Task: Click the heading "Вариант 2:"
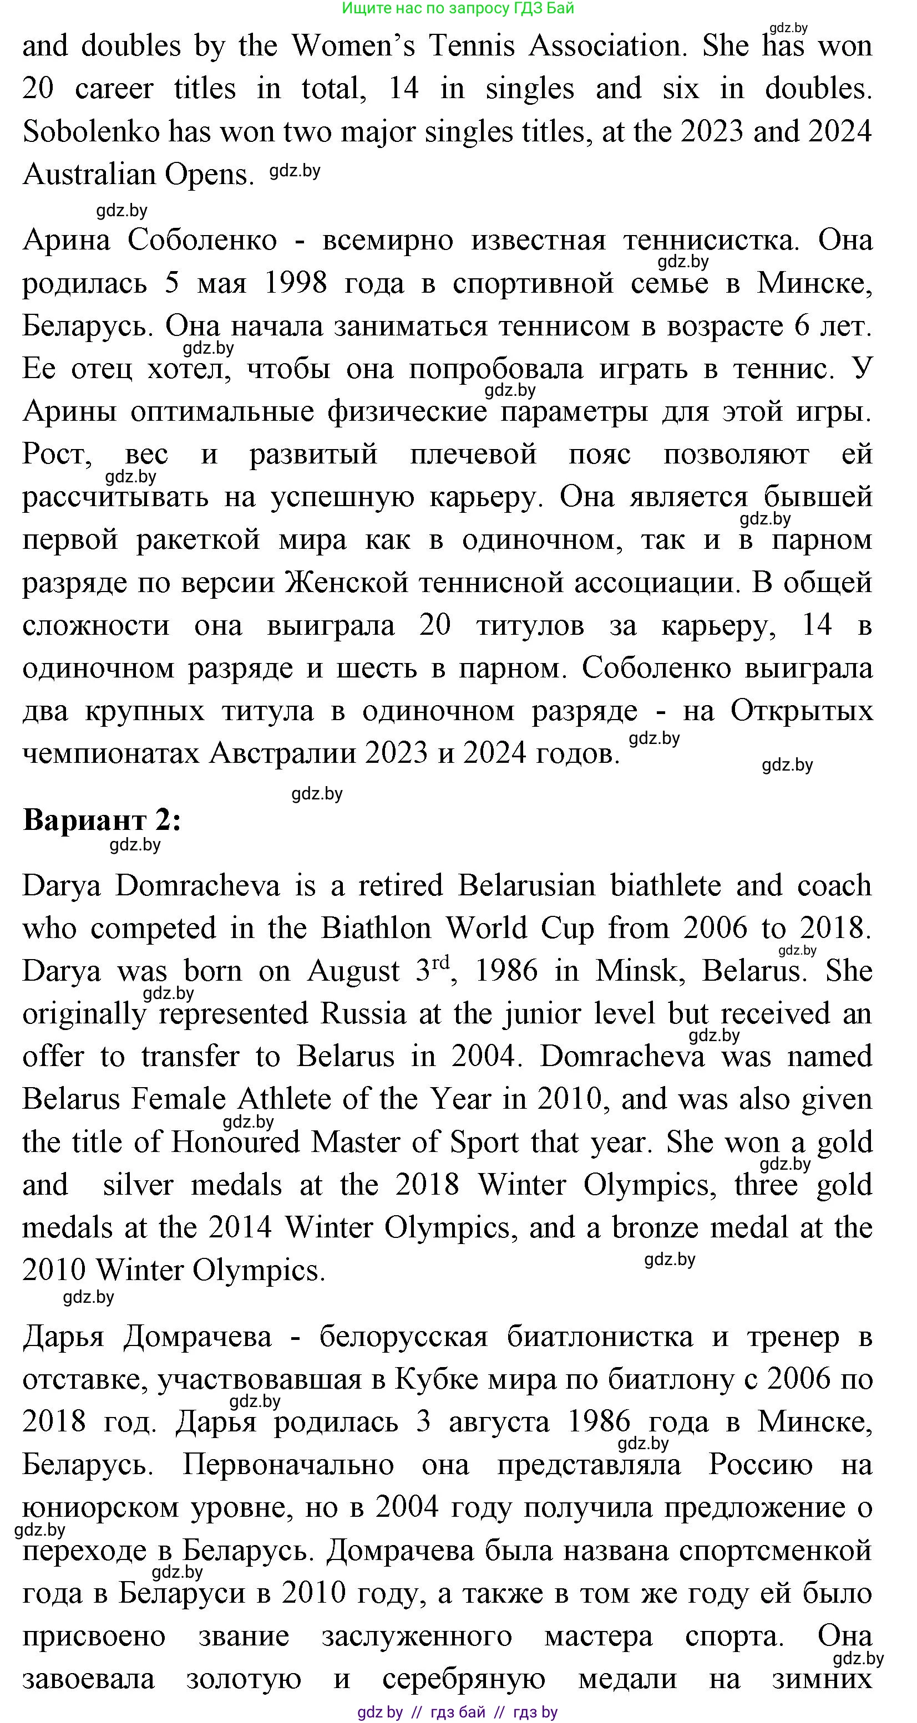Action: pyautogui.click(x=102, y=820)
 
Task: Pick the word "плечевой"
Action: pyautogui.click(x=473, y=455)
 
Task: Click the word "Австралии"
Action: pyautogui.click(x=285, y=754)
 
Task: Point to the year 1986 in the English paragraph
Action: pyautogui.click(x=505, y=971)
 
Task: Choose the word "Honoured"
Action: pyautogui.click(x=235, y=1143)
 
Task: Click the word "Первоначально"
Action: pyautogui.click(x=288, y=1465)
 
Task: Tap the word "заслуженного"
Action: pyautogui.click(x=417, y=1637)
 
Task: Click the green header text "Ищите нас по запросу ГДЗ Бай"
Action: pyautogui.click(x=458, y=8)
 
